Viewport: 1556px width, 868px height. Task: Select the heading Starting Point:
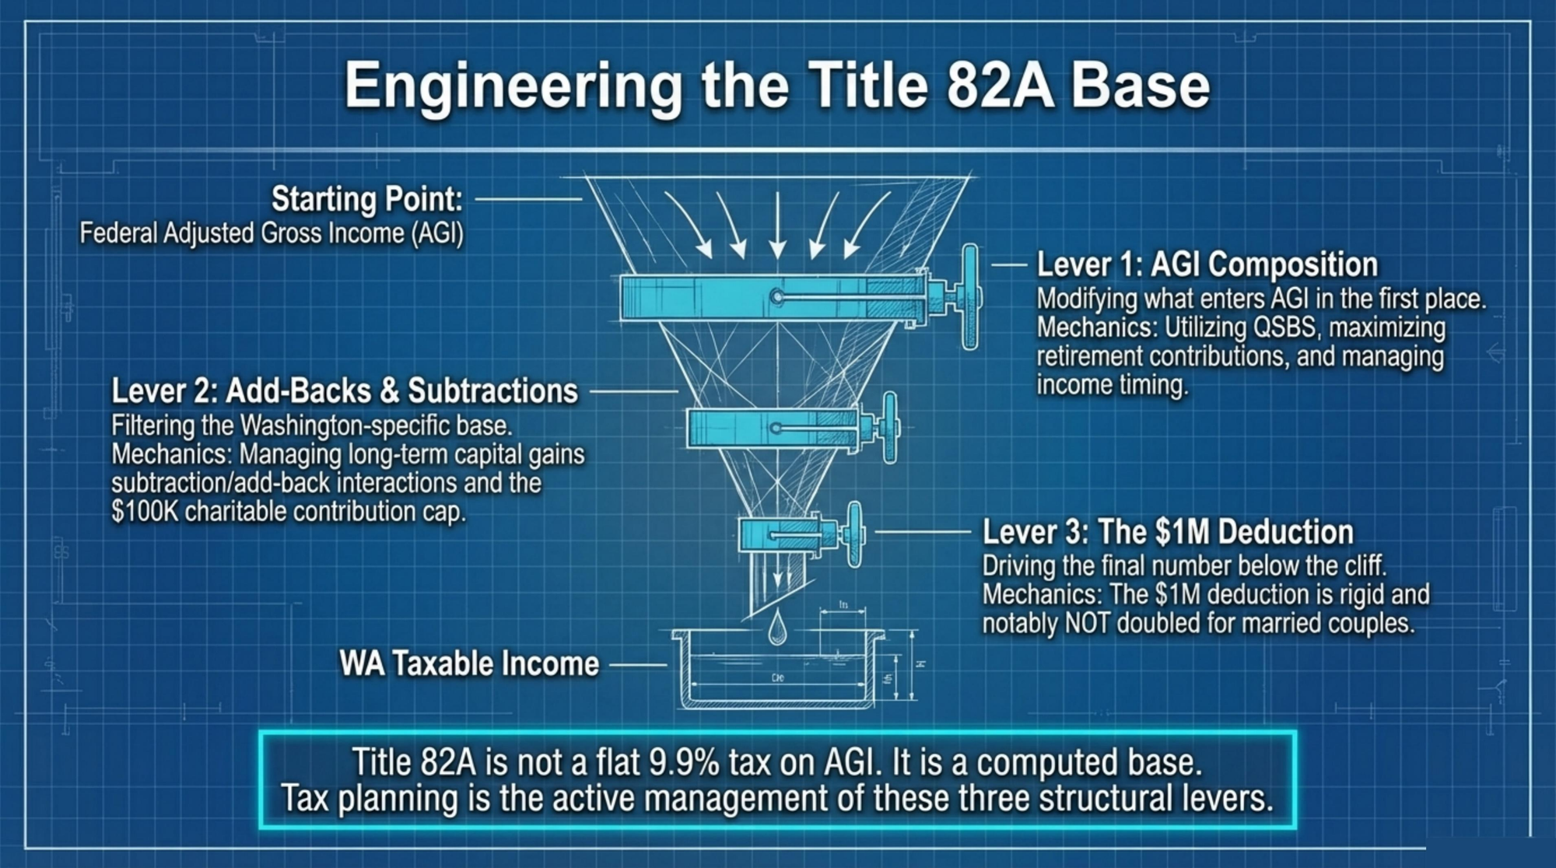367,199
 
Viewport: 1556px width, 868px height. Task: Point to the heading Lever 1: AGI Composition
1207,264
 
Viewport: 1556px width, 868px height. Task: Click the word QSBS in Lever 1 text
1284,327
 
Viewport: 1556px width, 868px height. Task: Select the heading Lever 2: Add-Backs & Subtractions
345,390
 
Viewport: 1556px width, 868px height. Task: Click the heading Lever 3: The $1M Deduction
1168,532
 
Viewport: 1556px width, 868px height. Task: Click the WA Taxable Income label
469,663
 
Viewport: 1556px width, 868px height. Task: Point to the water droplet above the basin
776,628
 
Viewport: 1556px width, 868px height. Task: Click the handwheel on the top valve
970,296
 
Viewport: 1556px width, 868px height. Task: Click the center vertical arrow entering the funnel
777,224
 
